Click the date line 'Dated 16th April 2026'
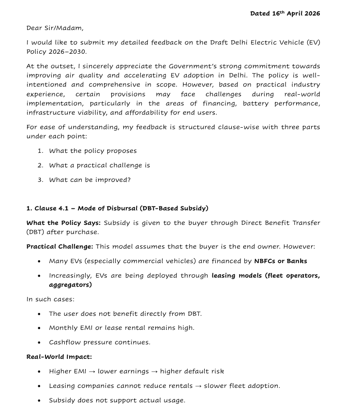click(x=285, y=14)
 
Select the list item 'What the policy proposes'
click(x=92, y=150)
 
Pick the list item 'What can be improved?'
click(x=90, y=180)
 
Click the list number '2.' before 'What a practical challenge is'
click(x=41, y=165)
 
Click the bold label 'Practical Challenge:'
click(x=60, y=247)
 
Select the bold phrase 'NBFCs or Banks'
click(x=281, y=261)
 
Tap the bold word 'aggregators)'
click(x=70, y=285)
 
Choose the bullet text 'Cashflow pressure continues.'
click(x=99, y=342)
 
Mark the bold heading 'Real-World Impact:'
click(x=59, y=357)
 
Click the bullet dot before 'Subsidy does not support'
click(x=39, y=400)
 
